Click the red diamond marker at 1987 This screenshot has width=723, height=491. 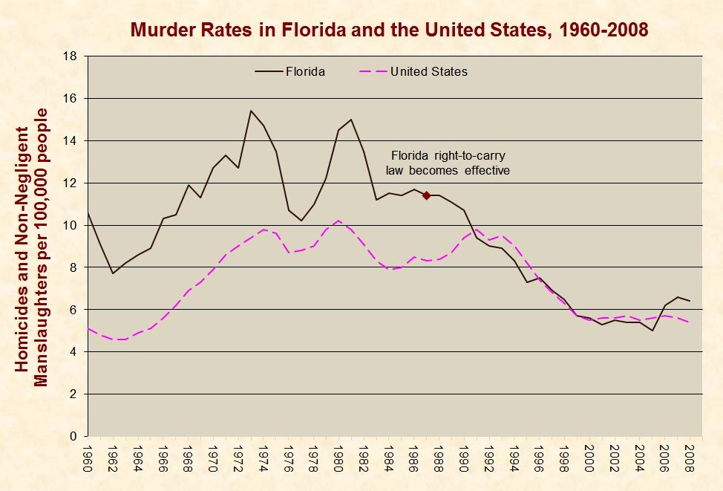click(426, 195)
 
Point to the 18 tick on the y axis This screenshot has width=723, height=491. click(71, 56)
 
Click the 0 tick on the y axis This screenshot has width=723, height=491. click(74, 436)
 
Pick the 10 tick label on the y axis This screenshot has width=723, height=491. click(71, 225)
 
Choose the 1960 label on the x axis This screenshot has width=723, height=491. click(88, 455)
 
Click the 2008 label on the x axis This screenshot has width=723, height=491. click(689, 455)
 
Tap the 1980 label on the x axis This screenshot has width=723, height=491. click(338, 455)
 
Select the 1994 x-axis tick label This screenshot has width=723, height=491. click(514, 455)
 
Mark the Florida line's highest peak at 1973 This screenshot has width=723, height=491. click(251, 111)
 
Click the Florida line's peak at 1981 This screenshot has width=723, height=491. click(351, 120)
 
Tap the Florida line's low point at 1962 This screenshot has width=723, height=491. click(113, 273)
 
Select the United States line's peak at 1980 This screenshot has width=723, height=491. click(338, 221)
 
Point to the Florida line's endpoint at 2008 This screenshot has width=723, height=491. click(690, 301)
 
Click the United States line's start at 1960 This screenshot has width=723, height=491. click(88, 328)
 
